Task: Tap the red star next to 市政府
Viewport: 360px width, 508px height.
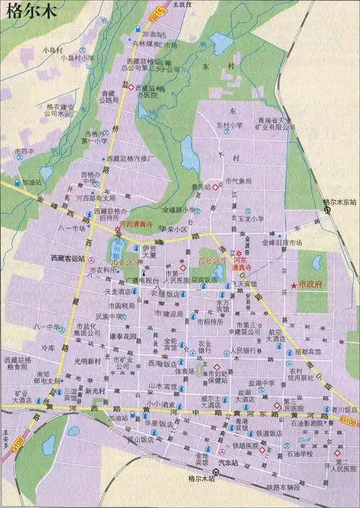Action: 294,286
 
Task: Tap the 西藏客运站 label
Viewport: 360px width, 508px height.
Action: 67,258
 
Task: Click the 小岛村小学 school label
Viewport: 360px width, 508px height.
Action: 77,58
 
